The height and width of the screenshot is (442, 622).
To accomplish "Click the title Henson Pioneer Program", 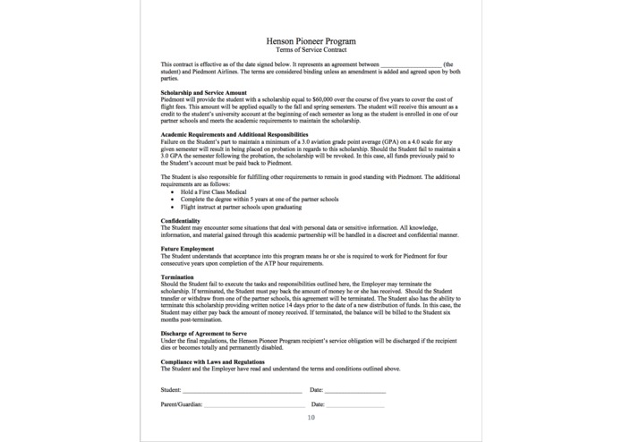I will [x=311, y=41].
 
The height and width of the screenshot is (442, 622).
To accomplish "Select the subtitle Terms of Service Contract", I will [x=311, y=50].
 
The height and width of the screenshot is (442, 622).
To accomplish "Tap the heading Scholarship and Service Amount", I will [x=203, y=92].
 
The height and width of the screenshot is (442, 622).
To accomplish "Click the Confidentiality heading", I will [x=180, y=220].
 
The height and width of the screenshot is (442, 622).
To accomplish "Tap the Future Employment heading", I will [x=187, y=249].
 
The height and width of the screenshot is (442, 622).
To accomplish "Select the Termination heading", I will [x=178, y=277].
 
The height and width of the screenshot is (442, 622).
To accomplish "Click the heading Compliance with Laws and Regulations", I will [x=212, y=361].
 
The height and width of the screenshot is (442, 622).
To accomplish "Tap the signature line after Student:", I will [x=242, y=391].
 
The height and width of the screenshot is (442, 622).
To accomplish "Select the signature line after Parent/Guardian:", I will [x=252, y=405].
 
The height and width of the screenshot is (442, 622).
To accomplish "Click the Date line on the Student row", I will [x=355, y=391].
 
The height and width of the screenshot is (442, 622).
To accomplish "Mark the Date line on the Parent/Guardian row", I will [x=355, y=405].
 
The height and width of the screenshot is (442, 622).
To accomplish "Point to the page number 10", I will [x=311, y=417].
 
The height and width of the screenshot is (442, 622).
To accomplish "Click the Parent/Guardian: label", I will [x=182, y=404].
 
